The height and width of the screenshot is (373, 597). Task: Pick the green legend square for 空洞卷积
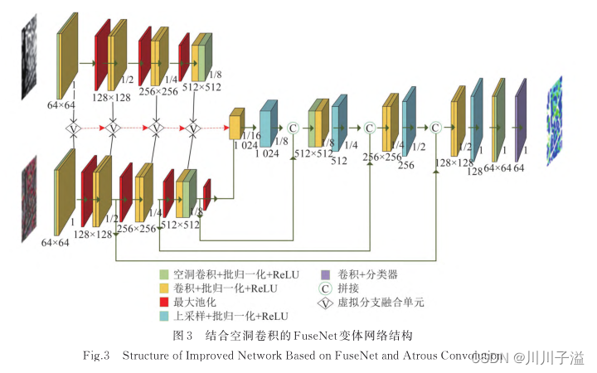tap(165, 274)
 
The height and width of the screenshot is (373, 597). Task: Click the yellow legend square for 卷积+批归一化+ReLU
tap(165, 288)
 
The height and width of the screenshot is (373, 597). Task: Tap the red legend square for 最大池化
tap(165, 302)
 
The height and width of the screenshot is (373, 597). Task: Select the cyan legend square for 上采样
tap(165, 316)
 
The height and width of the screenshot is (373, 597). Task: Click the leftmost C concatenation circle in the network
tap(293, 128)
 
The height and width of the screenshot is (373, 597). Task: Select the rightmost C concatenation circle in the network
tap(435, 128)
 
